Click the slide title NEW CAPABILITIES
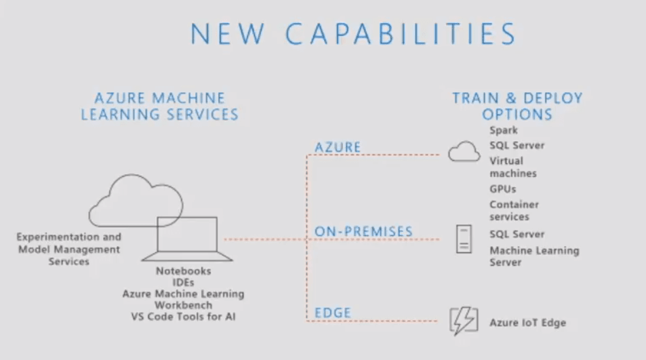(353, 33)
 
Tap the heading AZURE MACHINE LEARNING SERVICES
(160, 106)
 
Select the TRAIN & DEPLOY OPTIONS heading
(517, 106)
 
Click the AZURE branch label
(338, 147)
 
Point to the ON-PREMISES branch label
(363, 231)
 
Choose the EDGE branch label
(333, 313)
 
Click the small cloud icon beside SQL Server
(464, 152)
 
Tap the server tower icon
(464, 239)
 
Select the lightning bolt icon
(464, 321)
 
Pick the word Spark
(504, 130)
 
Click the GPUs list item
(502, 189)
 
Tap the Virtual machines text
(513, 167)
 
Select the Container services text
(514, 210)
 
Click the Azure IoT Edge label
(528, 323)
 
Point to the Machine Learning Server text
(534, 256)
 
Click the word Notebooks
(183, 271)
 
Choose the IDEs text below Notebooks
(183, 283)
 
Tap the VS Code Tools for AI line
(183, 317)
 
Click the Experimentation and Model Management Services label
(68, 249)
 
